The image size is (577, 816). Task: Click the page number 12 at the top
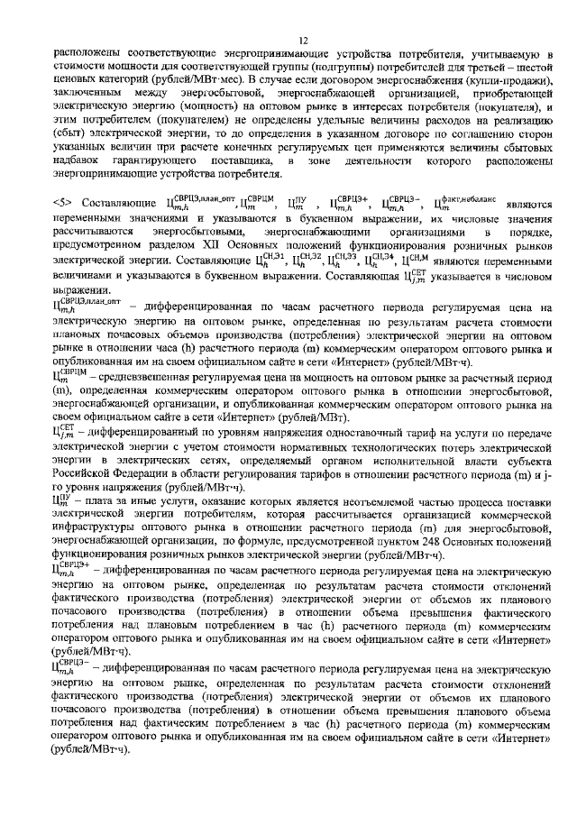pos(304,40)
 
